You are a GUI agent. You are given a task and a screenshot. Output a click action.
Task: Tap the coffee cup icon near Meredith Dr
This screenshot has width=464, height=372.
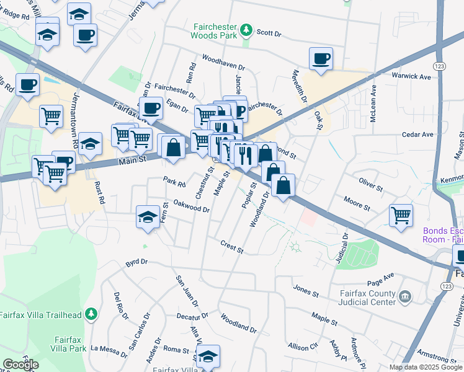321,59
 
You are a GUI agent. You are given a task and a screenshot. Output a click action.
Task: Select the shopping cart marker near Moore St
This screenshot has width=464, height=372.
401,216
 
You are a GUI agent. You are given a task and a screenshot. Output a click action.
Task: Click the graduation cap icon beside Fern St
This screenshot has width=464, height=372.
148,217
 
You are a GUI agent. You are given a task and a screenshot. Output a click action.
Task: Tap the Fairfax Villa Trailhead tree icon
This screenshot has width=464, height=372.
91,314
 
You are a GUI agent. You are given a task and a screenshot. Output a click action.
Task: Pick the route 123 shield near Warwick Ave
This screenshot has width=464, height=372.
439,66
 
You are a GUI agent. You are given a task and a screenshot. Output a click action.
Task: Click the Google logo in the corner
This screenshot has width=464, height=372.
20,365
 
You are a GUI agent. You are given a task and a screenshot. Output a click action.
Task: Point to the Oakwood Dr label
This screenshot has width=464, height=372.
191,205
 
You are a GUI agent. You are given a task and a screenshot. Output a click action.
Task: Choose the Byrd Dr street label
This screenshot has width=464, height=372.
136,263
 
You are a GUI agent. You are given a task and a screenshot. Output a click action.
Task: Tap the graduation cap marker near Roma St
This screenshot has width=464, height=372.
208,356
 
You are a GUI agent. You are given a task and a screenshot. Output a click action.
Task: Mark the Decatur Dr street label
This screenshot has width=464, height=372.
191,316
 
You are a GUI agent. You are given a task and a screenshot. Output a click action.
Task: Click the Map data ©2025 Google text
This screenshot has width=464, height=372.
426,367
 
